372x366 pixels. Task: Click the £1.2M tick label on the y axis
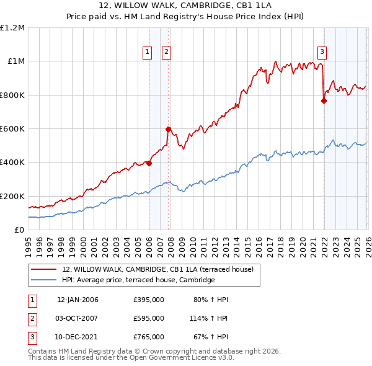[12, 27]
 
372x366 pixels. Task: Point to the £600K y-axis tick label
[12, 128]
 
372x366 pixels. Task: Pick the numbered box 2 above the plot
[167, 52]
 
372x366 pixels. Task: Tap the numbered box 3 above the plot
[323, 52]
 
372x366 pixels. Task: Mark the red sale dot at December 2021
[324, 101]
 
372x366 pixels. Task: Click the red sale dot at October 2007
[168, 130]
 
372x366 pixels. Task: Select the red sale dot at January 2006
[149, 163]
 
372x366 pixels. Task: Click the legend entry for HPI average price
[138, 280]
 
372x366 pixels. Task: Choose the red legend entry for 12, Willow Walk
[157, 269]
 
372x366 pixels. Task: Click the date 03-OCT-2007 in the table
[77, 318]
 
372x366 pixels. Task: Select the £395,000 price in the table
[149, 300]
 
